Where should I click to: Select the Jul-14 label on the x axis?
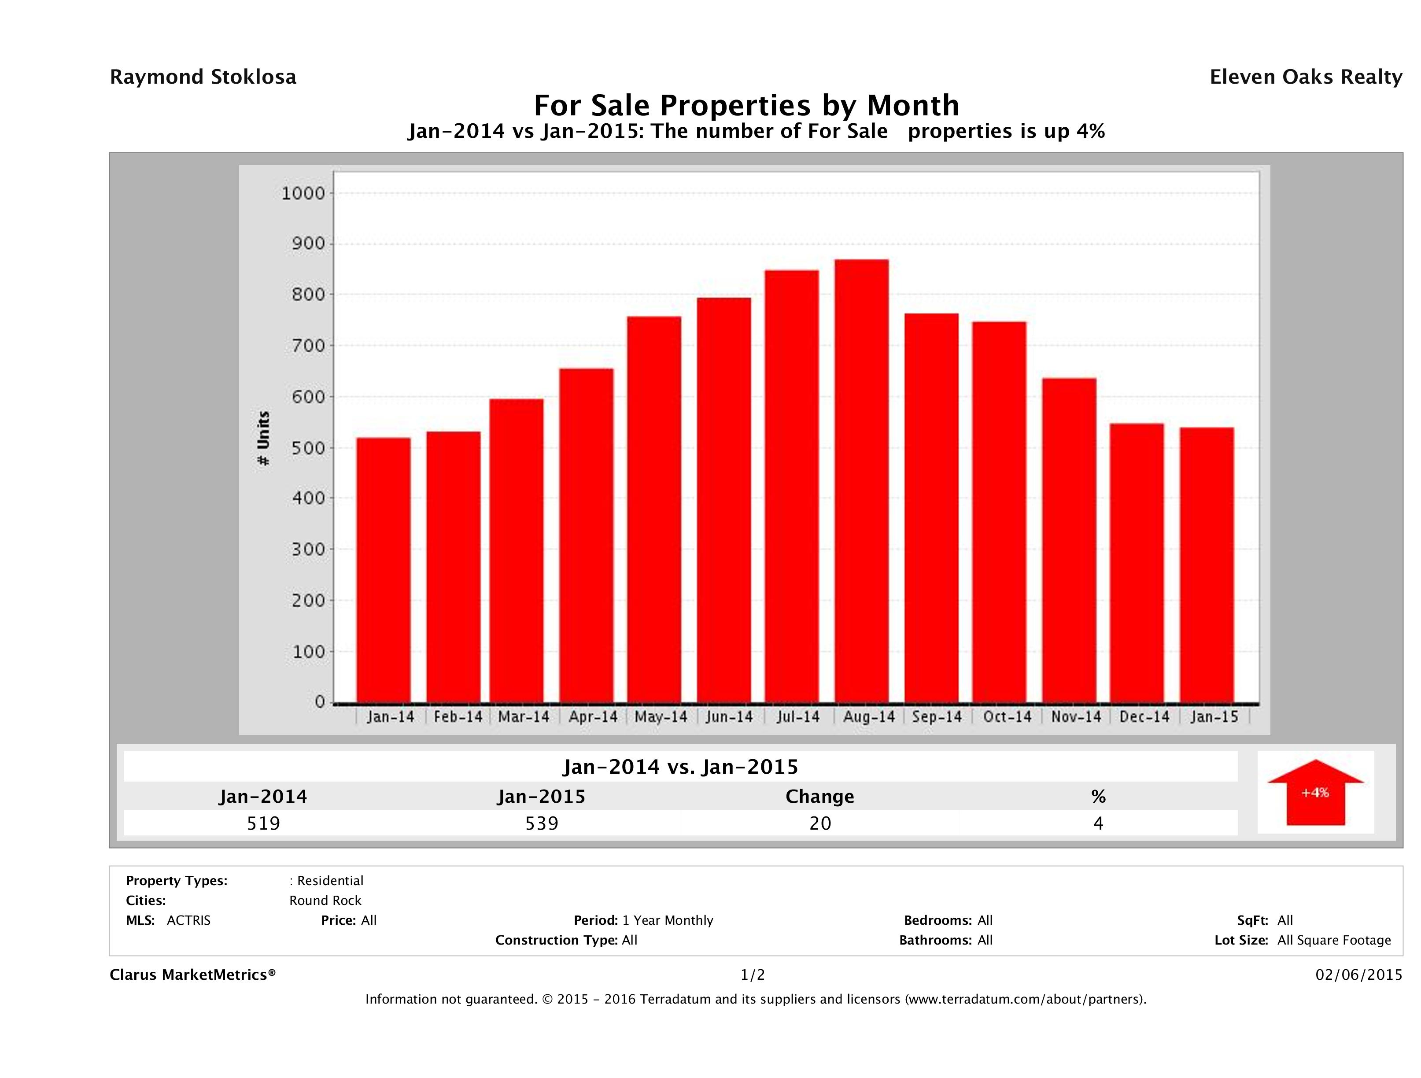(x=798, y=717)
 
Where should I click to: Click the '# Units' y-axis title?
(x=263, y=438)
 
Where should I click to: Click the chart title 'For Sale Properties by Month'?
(x=746, y=105)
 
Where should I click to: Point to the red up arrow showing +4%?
(x=1315, y=792)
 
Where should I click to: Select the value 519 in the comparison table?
(x=263, y=823)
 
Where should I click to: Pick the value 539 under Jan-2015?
(x=542, y=823)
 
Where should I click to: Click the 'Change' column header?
(x=820, y=797)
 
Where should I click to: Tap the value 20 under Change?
(x=820, y=823)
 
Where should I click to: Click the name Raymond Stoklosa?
(x=203, y=77)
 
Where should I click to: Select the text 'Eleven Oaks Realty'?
(x=1305, y=77)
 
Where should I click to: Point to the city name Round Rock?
(x=325, y=901)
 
